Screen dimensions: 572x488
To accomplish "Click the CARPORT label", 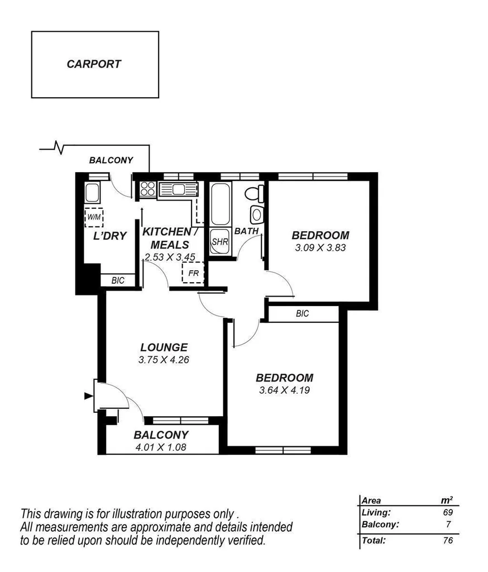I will [94, 64].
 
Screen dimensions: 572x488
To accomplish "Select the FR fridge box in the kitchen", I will [193, 273].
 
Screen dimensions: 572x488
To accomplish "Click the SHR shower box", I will [218, 242].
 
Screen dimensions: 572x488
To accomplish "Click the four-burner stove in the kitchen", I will [148, 188].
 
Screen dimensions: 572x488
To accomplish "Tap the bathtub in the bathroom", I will [218, 204].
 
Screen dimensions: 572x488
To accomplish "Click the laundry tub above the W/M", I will [92, 194].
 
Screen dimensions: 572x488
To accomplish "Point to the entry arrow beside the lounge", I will [88, 396].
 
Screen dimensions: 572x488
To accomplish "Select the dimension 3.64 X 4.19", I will [285, 390].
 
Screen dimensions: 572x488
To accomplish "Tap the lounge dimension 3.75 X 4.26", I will [164, 360].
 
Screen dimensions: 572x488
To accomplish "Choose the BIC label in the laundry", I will [118, 280].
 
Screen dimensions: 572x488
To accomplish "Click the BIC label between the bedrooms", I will [302, 314].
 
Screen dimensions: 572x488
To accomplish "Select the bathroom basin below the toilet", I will [256, 214].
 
